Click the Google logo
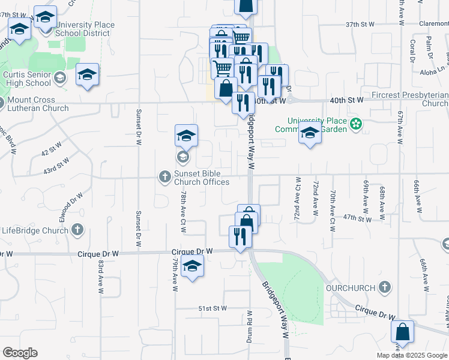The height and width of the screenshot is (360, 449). pyautogui.click(x=20, y=353)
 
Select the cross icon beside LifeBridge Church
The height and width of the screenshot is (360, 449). pyautogui.click(x=77, y=229)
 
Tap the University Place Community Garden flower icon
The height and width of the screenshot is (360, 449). pyautogui.click(x=357, y=125)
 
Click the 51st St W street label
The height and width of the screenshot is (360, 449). pyautogui.click(x=212, y=308)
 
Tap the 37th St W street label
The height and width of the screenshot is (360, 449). pyautogui.click(x=360, y=25)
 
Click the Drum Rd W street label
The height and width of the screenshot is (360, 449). pyautogui.click(x=250, y=327)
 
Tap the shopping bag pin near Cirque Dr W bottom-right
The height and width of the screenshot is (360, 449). pyautogui.click(x=402, y=333)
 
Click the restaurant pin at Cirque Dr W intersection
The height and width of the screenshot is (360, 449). pyautogui.click(x=240, y=236)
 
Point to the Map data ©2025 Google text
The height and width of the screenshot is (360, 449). pyautogui.click(x=412, y=355)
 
